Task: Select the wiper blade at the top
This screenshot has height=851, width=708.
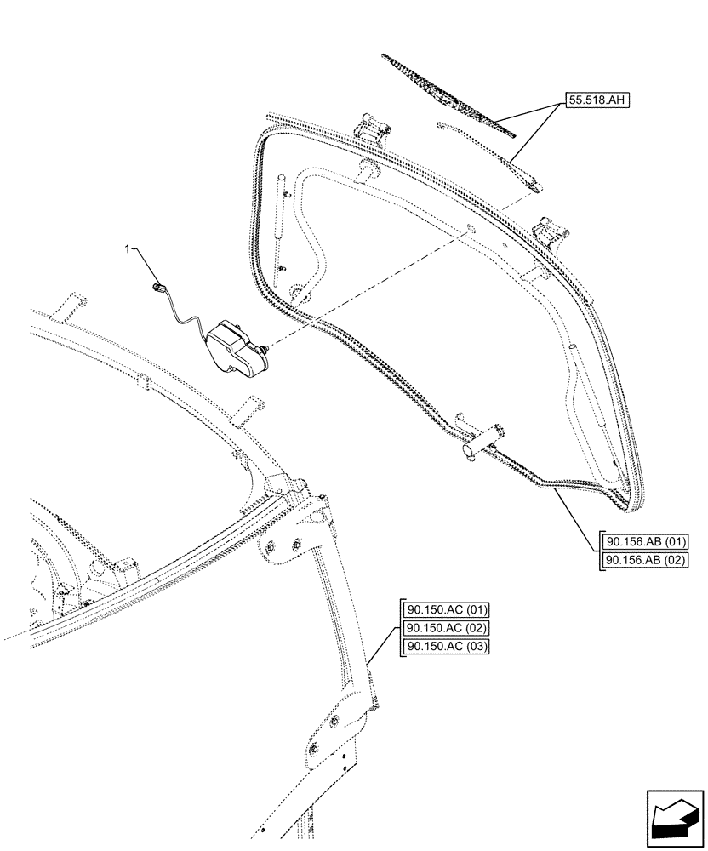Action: point(447,94)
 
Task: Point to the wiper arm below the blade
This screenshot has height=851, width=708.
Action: point(494,153)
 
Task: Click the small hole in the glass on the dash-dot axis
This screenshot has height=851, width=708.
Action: point(470,229)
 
